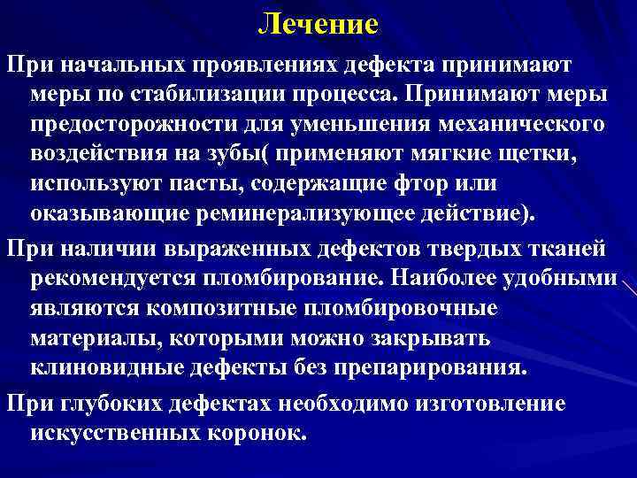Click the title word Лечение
click(x=318, y=24)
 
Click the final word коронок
click(x=265, y=433)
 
